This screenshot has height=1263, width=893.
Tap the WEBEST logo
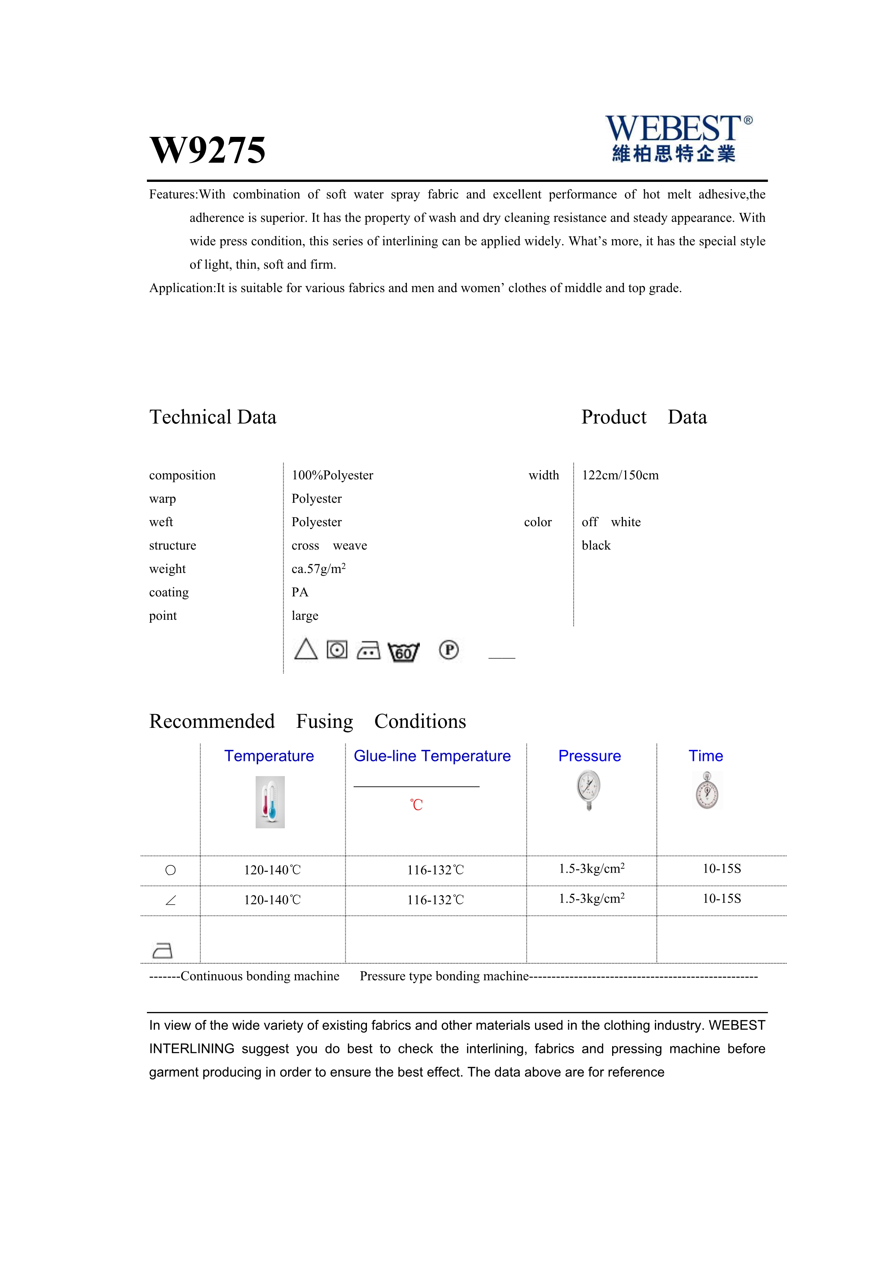(678, 138)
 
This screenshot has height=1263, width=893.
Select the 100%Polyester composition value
(332, 475)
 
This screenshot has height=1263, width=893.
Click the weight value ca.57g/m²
(318, 569)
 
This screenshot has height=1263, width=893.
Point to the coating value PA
(300, 592)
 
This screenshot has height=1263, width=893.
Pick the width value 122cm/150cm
(620, 475)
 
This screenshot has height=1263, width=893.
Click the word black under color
(596, 546)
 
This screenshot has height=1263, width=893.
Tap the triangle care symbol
(306, 650)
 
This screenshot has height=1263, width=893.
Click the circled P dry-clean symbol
(449, 650)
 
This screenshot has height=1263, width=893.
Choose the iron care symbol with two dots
(368, 651)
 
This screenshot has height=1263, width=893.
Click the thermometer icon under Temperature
(270, 802)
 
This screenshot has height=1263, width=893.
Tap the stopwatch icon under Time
(706, 791)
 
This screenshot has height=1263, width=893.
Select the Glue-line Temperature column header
(432, 756)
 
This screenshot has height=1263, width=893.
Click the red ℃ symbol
(416, 805)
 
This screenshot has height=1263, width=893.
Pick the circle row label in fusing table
(170, 870)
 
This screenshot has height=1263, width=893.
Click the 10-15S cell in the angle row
(722, 899)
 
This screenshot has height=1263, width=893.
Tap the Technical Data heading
(213, 417)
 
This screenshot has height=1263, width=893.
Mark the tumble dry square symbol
(337, 650)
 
